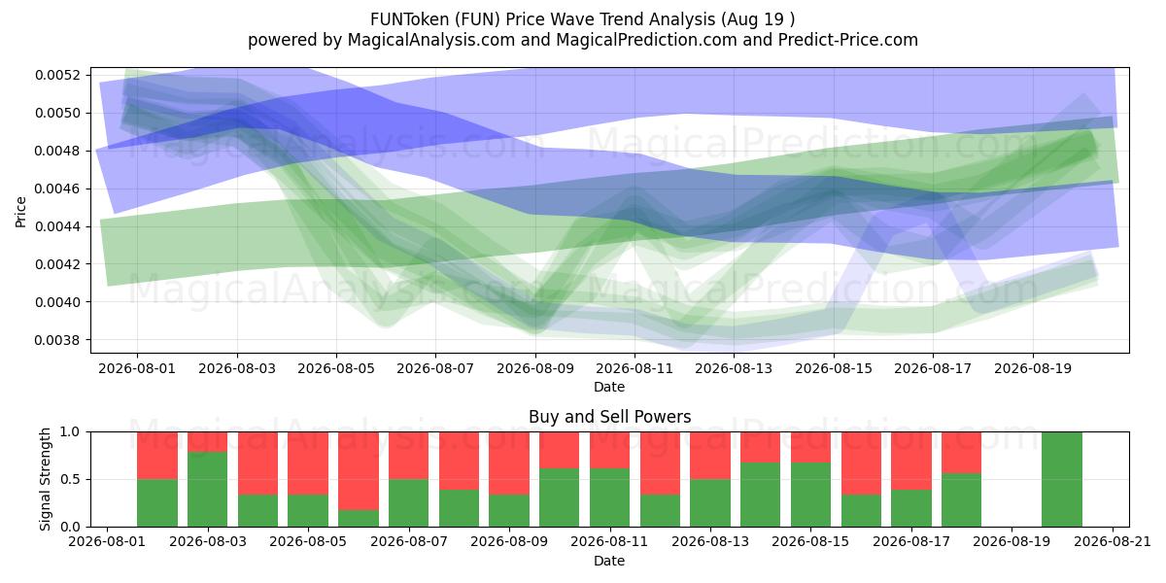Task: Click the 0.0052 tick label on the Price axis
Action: pos(57,75)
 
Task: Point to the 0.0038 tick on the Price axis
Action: pos(57,340)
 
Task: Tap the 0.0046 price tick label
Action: pos(57,189)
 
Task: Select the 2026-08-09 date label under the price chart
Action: pos(535,368)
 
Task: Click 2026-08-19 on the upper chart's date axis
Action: pos(1033,368)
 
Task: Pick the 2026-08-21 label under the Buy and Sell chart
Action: pos(1113,541)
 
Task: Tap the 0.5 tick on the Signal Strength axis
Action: pos(70,479)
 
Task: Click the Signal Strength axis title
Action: pos(46,479)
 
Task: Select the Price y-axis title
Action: pos(20,212)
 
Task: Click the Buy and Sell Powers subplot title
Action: pos(609,417)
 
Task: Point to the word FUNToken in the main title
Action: pos(410,19)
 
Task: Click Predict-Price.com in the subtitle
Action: pos(848,40)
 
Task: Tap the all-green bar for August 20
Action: pos(1062,479)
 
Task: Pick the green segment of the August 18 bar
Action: pos(961,499)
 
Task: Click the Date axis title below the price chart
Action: pos(609,387)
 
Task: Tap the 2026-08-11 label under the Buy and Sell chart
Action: pos(609,541)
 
